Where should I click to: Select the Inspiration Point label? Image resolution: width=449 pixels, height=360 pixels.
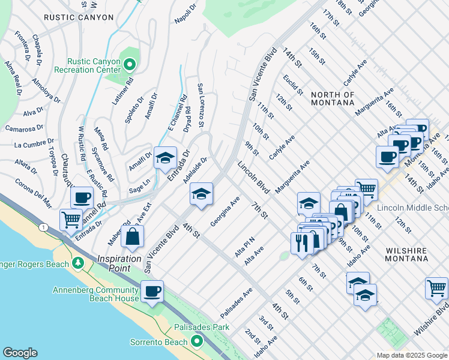(124, 263)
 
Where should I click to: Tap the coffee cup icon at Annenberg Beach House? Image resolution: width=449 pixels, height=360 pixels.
(152, 291)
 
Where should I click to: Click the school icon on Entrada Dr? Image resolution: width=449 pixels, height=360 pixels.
(165, 158)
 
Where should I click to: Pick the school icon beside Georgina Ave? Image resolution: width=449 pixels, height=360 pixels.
(202, 193)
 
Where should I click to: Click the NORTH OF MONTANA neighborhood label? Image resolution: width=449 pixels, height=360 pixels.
(333, 98)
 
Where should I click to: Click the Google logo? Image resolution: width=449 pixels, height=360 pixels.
(20, 353)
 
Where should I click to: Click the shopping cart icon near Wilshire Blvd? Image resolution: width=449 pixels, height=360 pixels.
(436, 287)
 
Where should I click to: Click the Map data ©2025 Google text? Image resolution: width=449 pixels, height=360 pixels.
(411, 355)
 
